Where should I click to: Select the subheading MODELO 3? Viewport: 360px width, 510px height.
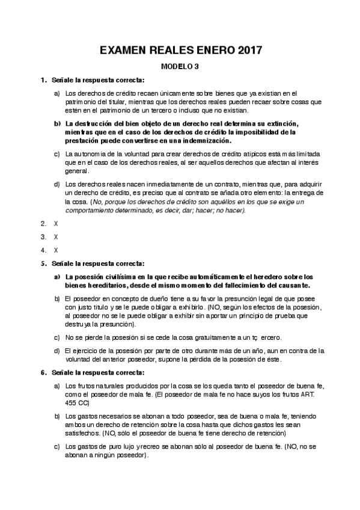pos(180,67)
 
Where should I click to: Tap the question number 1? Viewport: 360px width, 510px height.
pos(43,80)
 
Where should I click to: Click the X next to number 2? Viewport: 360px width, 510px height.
pos(56,223)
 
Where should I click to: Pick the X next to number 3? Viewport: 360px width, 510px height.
pos(56,236)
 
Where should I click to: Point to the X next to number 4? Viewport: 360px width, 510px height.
pos(56,250)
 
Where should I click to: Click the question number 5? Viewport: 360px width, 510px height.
pos(43,263)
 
